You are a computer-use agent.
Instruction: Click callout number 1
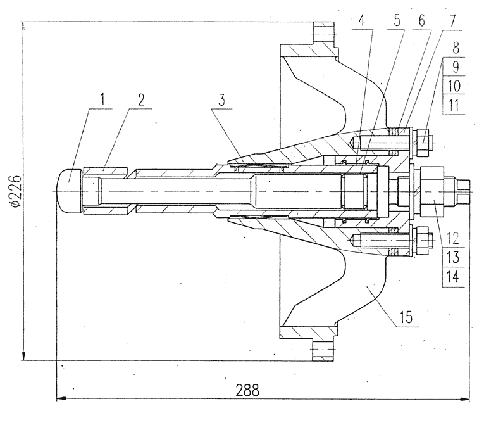pos(102,99)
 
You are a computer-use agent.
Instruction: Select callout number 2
pos(140,99)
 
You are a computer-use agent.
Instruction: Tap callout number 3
pos(221,100)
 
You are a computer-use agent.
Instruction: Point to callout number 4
pos(362,21)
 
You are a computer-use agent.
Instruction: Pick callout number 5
pos(397,21)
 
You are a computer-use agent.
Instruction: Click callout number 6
pos(421,21)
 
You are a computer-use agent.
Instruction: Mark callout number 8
pos(456,48)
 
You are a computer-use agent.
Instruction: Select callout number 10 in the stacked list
pos(454,86)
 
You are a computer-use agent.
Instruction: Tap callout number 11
pos(454,105)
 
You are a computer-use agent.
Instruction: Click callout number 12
pos(452,238)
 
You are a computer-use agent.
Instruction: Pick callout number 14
pos(453,276)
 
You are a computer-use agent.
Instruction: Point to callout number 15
pos(406,317)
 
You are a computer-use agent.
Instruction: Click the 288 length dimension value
pos(247,390)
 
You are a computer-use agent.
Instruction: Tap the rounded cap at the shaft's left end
pos(69,191)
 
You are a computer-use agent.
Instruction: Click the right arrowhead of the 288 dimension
pos(465,399)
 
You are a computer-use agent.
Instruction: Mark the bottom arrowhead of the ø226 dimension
pos(23,355)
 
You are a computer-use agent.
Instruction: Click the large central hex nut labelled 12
pos(432,191)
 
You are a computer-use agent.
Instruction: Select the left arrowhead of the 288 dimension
pos(61,399)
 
